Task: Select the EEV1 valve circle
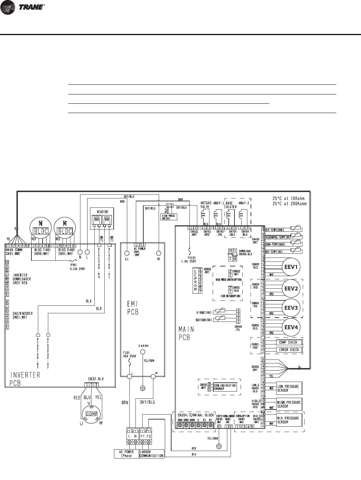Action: click(291, 267)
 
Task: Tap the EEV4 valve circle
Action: click(291, 327)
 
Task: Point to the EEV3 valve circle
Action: click(291, 308)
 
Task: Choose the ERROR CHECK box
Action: click(289, 349)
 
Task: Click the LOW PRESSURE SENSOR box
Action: click(288, 388)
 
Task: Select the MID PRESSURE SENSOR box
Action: click(288, 420)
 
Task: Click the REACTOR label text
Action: click(103, 212)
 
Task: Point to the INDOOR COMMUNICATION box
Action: click(152, 454)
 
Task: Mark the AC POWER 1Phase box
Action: click(126, 454)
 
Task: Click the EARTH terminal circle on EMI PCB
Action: click(142, 352)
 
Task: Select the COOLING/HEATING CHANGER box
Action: click(223, 387)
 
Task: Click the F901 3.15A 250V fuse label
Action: click(76, 258)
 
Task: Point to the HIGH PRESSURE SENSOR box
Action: click(288, 404)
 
